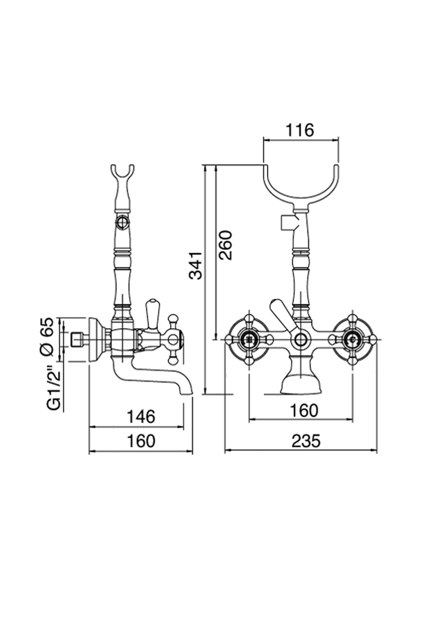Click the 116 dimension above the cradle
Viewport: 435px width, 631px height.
point(300,130)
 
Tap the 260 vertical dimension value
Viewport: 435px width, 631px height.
point(225,245)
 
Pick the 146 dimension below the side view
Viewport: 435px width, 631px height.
point(140,416)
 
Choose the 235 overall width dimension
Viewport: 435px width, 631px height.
point(306,441)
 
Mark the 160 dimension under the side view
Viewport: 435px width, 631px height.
point(140,441)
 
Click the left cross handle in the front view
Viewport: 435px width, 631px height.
point(249,338)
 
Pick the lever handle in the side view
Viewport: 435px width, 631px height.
point(152,314)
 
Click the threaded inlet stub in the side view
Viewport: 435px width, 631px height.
point(76,339)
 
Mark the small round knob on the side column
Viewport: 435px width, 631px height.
point(122,223)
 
